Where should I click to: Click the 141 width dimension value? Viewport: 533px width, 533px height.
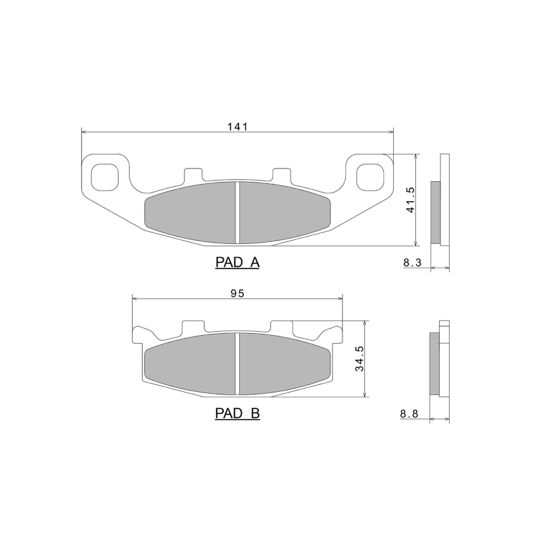coord(237,127)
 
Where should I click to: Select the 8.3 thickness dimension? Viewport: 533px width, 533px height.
coord(412,263)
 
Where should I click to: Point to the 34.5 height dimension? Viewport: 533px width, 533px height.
coord(359,358)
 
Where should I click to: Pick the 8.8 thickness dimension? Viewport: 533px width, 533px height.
coord(408,414)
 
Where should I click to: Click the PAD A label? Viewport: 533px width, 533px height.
coord(237,263)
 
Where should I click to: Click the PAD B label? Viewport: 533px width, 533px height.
coord(237,414)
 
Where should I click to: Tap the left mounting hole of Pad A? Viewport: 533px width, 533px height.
coord(104,175)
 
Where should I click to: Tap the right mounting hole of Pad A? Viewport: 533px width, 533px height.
coord(370,175)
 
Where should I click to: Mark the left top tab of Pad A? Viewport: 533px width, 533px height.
coord(192,174)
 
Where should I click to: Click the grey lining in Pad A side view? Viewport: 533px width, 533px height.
coord(436,213)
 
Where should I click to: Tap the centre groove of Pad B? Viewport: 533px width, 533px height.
coord(238,363)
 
